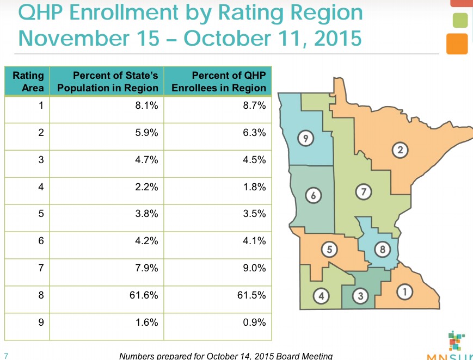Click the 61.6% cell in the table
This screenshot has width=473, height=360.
144,295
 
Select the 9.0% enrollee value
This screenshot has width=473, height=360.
255,268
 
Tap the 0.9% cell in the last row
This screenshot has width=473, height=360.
255,322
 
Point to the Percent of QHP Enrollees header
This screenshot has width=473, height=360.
219,82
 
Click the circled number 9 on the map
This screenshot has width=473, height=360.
306,139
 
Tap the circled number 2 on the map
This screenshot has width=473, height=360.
400,150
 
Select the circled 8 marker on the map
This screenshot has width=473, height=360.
383,250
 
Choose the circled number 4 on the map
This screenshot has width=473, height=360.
322,296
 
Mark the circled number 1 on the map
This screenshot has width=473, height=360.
403,292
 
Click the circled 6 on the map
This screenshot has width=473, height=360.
313,194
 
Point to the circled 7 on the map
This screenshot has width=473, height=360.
363,191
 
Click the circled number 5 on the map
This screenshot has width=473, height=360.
329,249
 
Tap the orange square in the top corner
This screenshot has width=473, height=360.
457,44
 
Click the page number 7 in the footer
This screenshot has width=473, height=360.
5,356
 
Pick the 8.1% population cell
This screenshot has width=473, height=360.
146,106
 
